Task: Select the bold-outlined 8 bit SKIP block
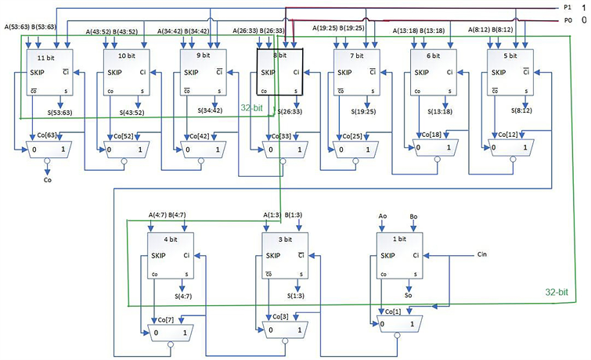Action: pos(279,74)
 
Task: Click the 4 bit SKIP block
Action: pos(170,258)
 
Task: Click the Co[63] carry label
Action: pos(45,135)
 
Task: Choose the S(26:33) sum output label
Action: pos(292,111)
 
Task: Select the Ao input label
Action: pos(382,215)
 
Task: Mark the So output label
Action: pos(409,297)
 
